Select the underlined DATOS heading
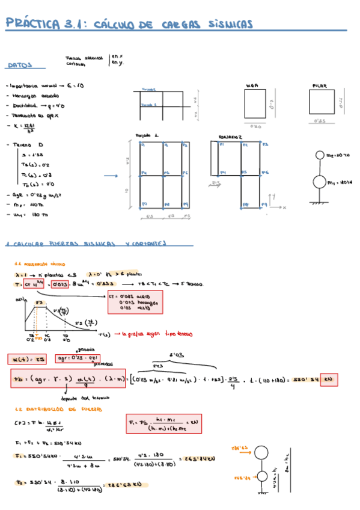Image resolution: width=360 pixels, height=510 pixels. (19, 66)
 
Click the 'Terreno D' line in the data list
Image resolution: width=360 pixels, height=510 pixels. (27, 145)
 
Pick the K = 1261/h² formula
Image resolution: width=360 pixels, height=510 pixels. (24, 126)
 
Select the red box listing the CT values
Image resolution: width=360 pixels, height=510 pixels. (135, 302)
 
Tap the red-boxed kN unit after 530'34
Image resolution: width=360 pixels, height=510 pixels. (329, 379)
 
